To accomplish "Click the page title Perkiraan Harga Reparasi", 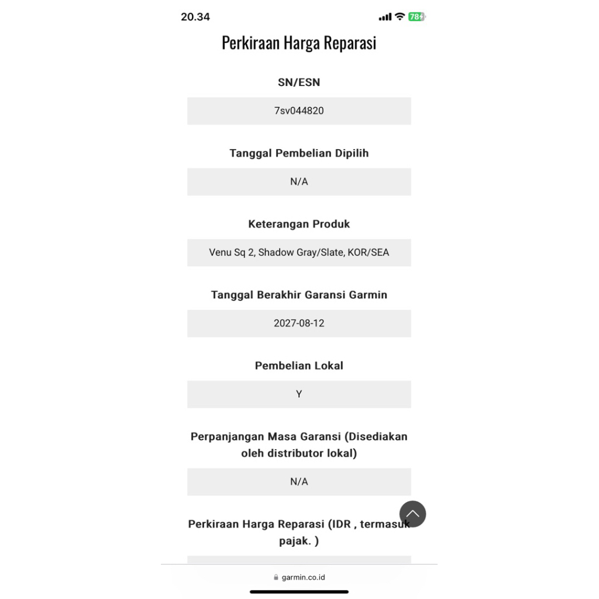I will click(299, 43).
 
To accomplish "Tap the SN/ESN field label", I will click(299, 82).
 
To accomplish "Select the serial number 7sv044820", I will click(299, 111).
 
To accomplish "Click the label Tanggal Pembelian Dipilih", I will click(299, 153).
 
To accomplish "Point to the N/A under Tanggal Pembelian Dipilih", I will click(299, 181).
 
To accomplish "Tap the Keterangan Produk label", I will click(299, 224).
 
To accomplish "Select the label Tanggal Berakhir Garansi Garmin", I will click(299, 295).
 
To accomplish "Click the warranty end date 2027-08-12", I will click(299, 323).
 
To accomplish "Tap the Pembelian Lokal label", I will click(299, 366).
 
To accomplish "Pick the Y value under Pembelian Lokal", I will click(299, 394).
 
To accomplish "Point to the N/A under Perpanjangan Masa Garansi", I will click(299, 481).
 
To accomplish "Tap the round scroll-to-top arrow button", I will click(412, 514).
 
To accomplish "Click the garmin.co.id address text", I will click(303, 577).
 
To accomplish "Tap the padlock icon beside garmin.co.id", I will click(276, 577).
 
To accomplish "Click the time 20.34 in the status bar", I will click(195, 17).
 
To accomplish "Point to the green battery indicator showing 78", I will click(416, 17).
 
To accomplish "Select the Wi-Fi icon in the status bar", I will click(400, 17).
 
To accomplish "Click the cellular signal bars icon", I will click(385, 18).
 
